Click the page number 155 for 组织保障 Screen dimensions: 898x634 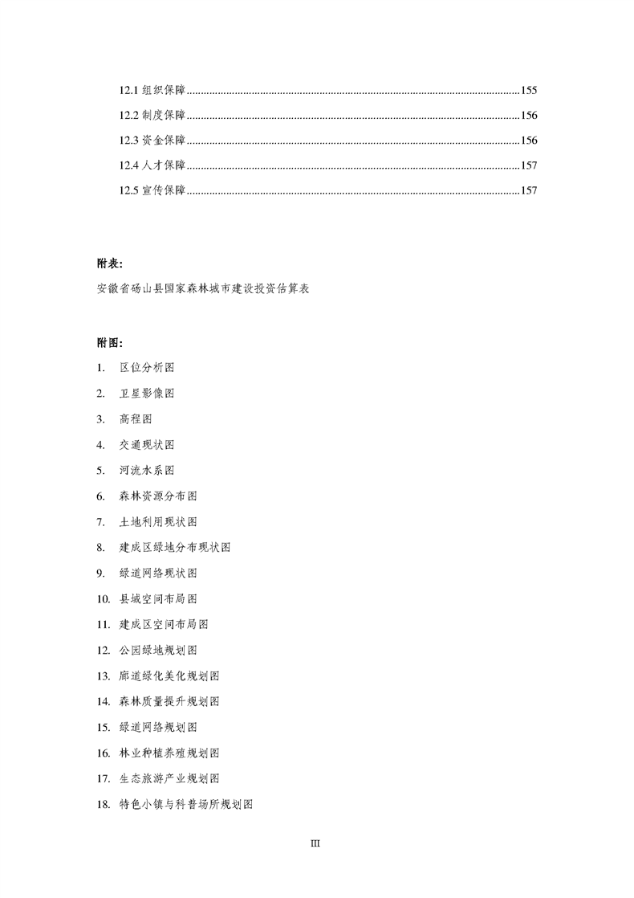(529, 90)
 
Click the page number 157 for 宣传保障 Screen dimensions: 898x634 (529, 190)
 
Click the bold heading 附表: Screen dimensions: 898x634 (109, 263)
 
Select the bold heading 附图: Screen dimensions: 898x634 (109, 341)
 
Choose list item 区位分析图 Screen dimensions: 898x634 (147, 367)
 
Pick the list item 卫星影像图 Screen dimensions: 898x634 (147, 393)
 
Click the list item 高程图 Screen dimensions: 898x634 (136, 418)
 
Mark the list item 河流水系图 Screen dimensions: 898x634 (147, 470)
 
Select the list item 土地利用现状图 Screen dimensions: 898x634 (158, 521)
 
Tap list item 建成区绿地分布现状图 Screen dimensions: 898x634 (175, 547)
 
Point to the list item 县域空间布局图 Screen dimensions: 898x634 (158, 598)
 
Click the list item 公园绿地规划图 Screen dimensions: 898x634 (158, 650)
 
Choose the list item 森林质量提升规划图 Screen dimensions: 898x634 (169, 701)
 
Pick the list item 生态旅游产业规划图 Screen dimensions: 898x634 (169, 778)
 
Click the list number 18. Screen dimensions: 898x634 (102, 804)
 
